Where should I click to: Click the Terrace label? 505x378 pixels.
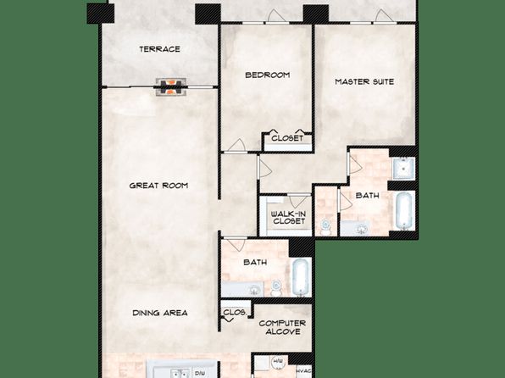pos(159,49)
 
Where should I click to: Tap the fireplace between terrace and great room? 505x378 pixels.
pos(171,87)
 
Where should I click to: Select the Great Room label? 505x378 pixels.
pos(158,186)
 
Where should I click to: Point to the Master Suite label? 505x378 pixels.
pos(364,82)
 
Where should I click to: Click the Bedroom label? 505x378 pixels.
pos(267,75)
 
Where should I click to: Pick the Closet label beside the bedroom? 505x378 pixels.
pos(287,138)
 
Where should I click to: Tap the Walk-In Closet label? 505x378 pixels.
pos(288,218)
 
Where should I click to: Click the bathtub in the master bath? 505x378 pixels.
pos(404,210)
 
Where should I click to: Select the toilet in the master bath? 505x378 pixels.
pos(325,226)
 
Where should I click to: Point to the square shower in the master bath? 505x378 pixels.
pos(403,168)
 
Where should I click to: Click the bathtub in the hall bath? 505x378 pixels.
pos(301,277)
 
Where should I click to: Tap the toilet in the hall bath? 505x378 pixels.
pos(276,287)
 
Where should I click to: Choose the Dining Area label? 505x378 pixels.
pos(160,313)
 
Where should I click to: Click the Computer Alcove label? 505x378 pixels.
pos(282,327)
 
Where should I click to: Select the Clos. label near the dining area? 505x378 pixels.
pos(235,312)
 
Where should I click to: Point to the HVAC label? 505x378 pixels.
pos(303,371)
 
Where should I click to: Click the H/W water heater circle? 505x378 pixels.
pos(277,362)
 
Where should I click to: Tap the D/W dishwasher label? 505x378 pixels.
pos(200,373)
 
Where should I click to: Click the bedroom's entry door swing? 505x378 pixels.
pos(237,145)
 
